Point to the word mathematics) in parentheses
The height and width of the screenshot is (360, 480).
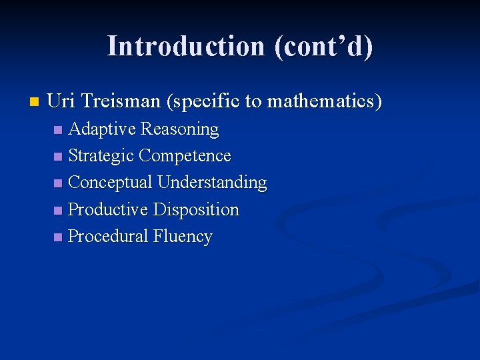point(325,101)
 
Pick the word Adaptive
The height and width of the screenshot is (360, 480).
point(101,129)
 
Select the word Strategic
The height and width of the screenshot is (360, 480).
point(101,156)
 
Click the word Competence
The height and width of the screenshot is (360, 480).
point(185,156)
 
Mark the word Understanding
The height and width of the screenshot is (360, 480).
point(212,183)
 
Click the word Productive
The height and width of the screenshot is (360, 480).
point(108,209)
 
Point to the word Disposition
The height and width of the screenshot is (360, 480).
point(196,209)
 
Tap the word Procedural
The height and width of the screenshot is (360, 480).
point(108,237)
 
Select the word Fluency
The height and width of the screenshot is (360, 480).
point(183,237)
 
